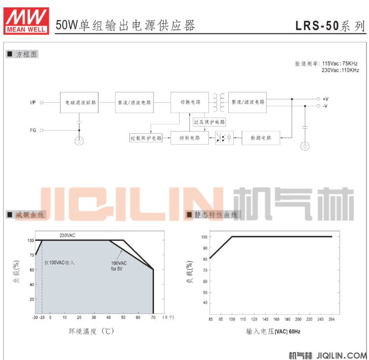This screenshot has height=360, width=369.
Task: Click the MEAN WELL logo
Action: (x=26, y=21)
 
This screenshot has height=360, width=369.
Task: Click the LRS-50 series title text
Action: (x=330, y=26)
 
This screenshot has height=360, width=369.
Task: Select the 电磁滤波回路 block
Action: (x=79, y=102)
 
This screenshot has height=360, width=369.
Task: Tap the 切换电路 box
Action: (x=190, y=102)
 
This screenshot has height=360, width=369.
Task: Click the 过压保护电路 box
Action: (x=209, y=122)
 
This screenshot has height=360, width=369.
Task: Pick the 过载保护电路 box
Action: (x=146, y=138)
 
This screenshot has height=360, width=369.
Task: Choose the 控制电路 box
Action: (x=190, y=138)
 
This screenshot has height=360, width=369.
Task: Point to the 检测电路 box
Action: (x=261, y=138)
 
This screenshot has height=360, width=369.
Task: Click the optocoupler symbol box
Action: (x=224, y=138)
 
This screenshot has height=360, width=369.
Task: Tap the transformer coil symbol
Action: (x=218, y=102)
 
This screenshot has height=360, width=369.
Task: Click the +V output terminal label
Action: (x=326, y=99)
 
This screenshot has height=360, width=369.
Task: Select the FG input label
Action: (x=33, y=130)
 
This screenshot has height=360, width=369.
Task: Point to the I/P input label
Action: (x=32, y=102)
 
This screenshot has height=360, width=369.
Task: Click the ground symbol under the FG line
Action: (x=79, y=141)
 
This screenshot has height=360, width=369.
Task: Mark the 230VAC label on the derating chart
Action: (x=67, y=235)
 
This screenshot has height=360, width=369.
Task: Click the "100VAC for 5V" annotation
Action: (x=119, y=266)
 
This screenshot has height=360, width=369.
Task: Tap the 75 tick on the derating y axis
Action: (x=32, y=255)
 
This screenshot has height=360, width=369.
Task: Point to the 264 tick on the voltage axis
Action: (x=331, y=319)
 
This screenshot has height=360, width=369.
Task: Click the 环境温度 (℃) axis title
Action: (x=92, y=331)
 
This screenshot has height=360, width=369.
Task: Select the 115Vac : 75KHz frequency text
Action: (x=340, y=63)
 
